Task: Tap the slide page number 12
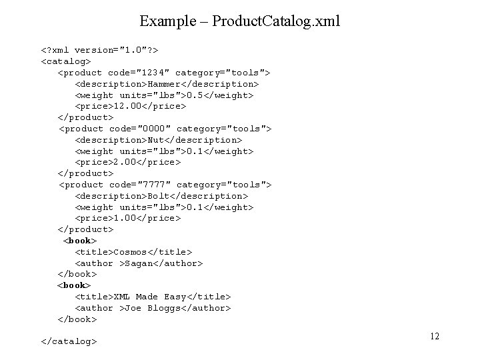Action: click(x=434, y=336)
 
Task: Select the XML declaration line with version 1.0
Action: click(x=99, y=50)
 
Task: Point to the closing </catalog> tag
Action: click(x=69, y=341)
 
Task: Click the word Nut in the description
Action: click(x=157, y=140)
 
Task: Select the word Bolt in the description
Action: click(x=159, y=196)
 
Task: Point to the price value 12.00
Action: click(x=127, y=106)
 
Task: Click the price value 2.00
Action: click(x=125, y=162)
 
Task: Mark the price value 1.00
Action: click(x=125, y=218)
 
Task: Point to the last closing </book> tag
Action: click(x=77, y=319)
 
